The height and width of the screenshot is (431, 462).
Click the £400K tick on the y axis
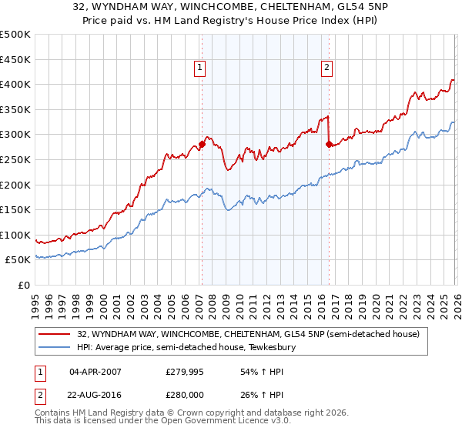15,85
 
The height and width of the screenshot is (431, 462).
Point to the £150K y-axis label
15,209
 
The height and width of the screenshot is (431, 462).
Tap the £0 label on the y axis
24,285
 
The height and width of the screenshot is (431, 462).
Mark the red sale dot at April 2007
202,144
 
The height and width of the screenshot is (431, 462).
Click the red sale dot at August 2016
329,144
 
